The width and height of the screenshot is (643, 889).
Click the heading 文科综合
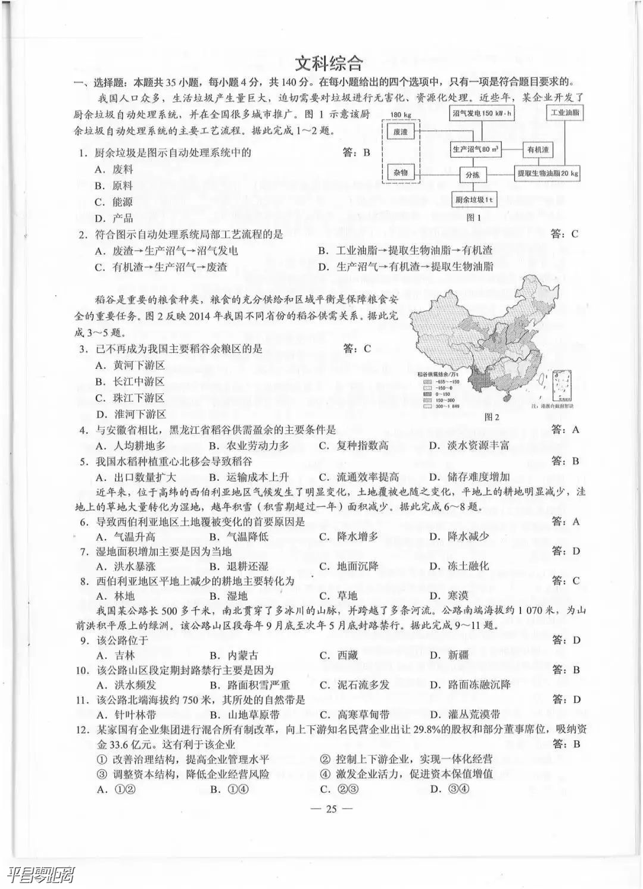[329, 63]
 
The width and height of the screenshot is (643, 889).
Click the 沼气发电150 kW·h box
[482, 113]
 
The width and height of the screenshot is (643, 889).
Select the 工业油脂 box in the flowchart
[565, 113]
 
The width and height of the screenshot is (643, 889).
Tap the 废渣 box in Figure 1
[400, 132]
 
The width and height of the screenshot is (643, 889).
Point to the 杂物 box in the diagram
[400, 173]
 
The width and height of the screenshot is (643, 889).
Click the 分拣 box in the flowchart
[472, 175]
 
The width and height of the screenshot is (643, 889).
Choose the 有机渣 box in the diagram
[538, 150]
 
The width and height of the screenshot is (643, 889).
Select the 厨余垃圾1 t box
[474, 200]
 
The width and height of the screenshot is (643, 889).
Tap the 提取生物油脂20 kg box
[547, 173]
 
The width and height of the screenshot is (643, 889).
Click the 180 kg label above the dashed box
[401, 114]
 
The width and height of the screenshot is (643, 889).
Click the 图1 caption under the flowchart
[474, 218]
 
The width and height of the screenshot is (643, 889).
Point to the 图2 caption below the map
[492, 417]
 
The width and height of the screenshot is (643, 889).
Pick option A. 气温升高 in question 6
[126, 536]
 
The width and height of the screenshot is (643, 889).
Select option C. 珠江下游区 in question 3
[130, 398]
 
